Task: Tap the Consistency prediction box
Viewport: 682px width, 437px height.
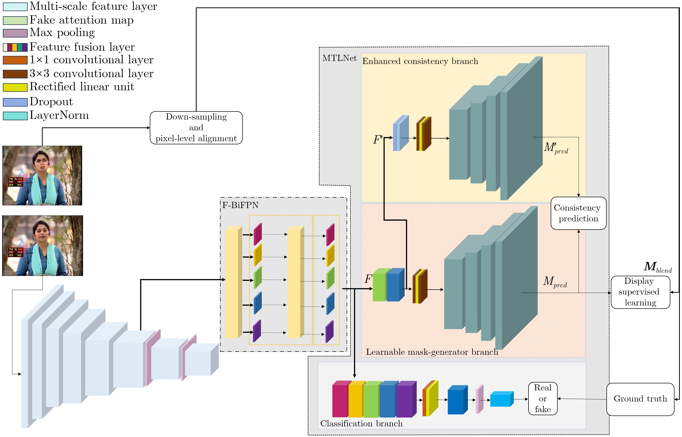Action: (578, 213)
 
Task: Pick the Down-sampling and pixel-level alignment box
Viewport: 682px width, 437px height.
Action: (196, 128)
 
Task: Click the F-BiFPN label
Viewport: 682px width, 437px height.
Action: (240, 205)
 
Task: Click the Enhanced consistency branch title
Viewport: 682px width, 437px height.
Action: (420, 61)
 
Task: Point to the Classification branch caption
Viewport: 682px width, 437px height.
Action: (361, 423)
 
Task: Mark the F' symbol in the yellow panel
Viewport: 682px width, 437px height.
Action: (378, 140)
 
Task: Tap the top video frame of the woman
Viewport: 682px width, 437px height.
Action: (42, 175)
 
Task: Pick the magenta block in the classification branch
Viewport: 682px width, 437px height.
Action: (340, 400)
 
